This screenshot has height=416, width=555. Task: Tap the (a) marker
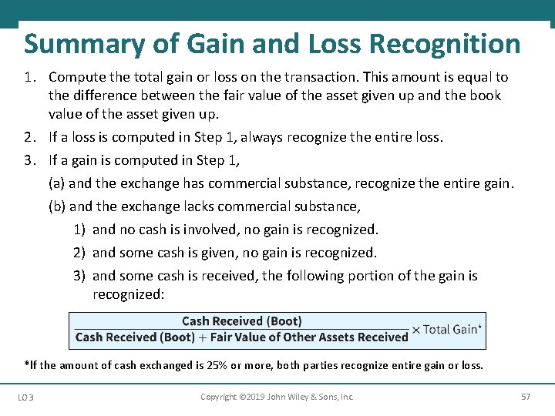tap(57, 183)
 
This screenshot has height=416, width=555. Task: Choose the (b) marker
tap(57, 206)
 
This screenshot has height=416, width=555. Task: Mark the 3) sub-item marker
tap(79, 276)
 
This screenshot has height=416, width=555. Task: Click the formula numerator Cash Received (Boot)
tap(242, 321)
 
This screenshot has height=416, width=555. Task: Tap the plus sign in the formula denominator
tap(202, 337)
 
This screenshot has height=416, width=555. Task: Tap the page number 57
tap(526, 397)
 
